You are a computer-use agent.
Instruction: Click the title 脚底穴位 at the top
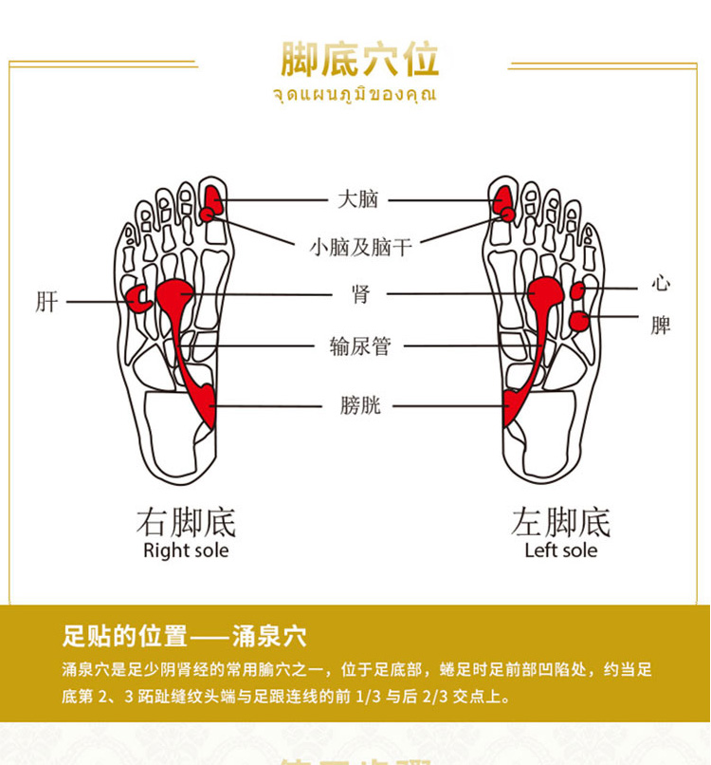click(359, 59)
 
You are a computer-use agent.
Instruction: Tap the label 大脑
click(358, 199)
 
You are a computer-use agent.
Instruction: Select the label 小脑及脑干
click(360, 248)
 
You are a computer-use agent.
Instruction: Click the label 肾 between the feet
click(360, 294)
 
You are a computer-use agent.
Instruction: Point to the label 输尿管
click(360, 346)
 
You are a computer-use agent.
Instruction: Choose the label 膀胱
click(360, 406)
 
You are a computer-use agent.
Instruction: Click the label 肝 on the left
click(46, 303)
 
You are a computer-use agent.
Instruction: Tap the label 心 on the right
click(661, 284)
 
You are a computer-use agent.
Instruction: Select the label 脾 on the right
click(661, 326)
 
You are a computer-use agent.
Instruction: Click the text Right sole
click(186, 550)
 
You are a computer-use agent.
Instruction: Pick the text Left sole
click(561, 550)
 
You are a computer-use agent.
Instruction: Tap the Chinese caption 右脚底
click(186, 522)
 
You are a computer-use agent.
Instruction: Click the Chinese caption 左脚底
click(561, 522)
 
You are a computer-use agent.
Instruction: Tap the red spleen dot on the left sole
click(578, 321)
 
